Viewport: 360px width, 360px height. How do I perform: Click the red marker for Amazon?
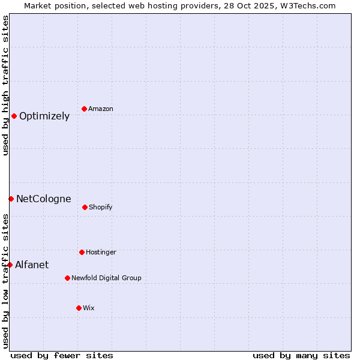pyautogui.click(x=84, y=109)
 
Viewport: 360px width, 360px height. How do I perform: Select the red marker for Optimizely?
pyautogui.click(x=14, y=116)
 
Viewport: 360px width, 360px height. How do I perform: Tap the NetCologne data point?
pyautogui.click(x=11, y=199)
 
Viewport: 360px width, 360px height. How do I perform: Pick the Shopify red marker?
pyautogui.click(x=85, y=207)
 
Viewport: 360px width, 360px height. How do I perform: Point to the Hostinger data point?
pyautogui.click(x=82, y=252)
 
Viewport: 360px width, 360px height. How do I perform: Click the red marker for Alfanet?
pyautogui.click(x=10, y=265)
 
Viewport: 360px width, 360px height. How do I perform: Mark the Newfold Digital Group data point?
pyautogui.click(x=67, y=278)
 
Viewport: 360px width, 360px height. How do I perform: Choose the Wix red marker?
pyautogui.click(x=79, y=308)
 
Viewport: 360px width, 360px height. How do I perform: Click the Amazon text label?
pyautogui.click(x=101, y=109)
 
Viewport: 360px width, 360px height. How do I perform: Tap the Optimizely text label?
pyautogui.click(x=44, y=116)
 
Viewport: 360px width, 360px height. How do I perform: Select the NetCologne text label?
pyautogui.click(x=43, y=199)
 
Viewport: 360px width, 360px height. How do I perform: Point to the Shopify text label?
pyautogui.click(x=101, y=208)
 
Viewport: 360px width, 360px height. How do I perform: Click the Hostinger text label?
pyautogui.click(x=101, y=252)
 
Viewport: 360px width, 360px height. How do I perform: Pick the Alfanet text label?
pyautogui.click(x=32, y=265)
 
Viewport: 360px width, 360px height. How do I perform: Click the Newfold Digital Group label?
pyautogui.click(x=106, y=278)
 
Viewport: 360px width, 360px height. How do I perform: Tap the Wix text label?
pyautogui.click(x=89, y=308)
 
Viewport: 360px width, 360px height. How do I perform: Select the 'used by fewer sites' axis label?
pyautogui.click(x=62, y=355)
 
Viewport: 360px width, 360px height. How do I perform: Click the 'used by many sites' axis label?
pyautogui.click(x=301, y=355)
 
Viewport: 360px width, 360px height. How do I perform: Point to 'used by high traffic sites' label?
pyautogui.click(x=5, y=85)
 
